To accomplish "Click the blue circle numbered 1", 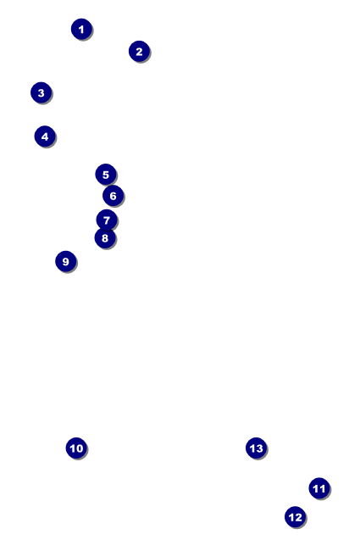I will click(x=81, y=30).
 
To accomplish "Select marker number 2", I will click(x=139, y=52).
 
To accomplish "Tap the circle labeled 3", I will click(x=41, y=92).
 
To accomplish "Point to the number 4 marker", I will click(x=45, y=136).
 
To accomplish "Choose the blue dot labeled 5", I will click(x=105, y=175).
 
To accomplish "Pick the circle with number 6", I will click(x=113, y=196).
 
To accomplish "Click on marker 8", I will click(x=104, y=238).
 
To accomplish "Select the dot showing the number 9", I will click(x=65, y=262).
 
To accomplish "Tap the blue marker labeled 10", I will click(x=76, y=448).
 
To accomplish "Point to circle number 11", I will click(x=318, y=488).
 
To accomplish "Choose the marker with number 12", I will click(x=295, y=516).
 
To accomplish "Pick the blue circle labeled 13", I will click(x=256, y=448).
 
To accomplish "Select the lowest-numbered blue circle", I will click(x=81, y=30).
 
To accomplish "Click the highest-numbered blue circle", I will click(x=256, y=448).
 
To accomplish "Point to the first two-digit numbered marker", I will click(x=76, y=448).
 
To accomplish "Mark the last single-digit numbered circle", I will click(x=65, y=262).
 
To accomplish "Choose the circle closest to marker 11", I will click(x=295, y=516).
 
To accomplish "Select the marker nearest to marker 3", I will click(x=45, y=136).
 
